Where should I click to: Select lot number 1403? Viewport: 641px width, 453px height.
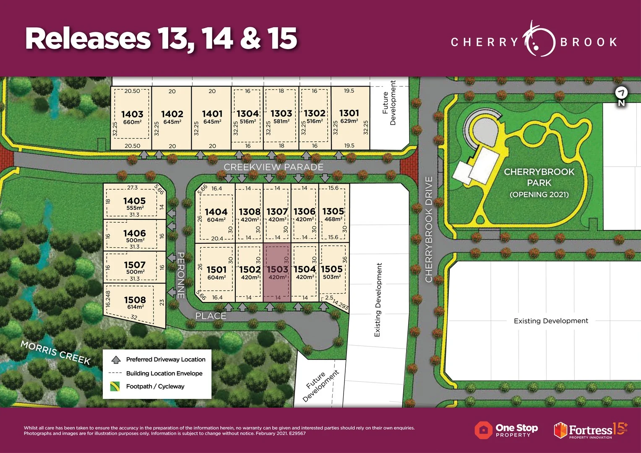tap(132, 114)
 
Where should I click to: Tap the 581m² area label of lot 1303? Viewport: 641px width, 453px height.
tap(281, 122)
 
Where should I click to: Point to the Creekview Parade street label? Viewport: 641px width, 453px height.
tap(274, 167)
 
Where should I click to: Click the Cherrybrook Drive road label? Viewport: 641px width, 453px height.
tap(429, 229)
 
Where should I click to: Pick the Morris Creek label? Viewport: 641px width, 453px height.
tap(55, 352)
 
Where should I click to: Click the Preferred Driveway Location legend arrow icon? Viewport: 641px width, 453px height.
tap(116, 359)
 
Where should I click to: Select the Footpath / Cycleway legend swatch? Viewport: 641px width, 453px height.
tap(115, 386)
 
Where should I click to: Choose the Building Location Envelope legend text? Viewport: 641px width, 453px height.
tap(164, 373)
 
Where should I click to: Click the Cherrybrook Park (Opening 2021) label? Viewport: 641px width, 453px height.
tap(539, 183)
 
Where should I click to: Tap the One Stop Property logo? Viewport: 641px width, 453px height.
tap(506, 430)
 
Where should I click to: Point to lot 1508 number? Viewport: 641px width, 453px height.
tap(135, 300)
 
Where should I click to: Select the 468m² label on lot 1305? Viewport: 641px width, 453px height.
tap(333, 219)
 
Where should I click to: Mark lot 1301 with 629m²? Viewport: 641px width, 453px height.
tap(349, 116)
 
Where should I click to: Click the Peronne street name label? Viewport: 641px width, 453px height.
tap(181, 275)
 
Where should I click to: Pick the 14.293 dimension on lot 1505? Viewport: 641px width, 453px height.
tap(340, 305)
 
